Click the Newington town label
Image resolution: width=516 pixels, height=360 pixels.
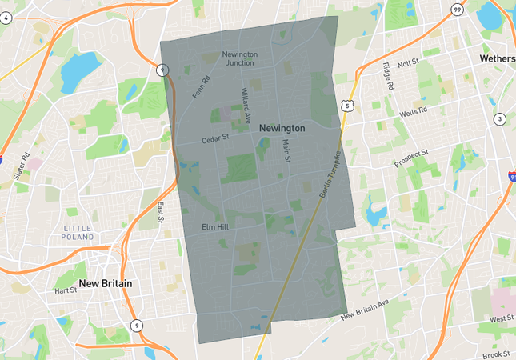[282, 128]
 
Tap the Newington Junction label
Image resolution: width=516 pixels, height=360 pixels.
[240, 58]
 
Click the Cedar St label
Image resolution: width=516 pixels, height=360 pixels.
[215, 138]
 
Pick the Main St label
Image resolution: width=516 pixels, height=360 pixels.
[286, 151]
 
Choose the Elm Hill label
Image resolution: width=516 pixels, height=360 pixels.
[215, 227]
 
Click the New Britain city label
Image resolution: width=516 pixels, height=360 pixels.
[106, 284]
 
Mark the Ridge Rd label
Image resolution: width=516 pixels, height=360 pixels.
[388, 78]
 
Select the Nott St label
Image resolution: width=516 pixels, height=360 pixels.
[408, 62]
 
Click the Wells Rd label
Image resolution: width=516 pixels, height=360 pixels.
[414, 111]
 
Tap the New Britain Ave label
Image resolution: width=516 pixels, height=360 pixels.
[364, 310]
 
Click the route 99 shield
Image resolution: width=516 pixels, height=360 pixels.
[457, 10]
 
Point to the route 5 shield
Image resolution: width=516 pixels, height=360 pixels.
[346, 105]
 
